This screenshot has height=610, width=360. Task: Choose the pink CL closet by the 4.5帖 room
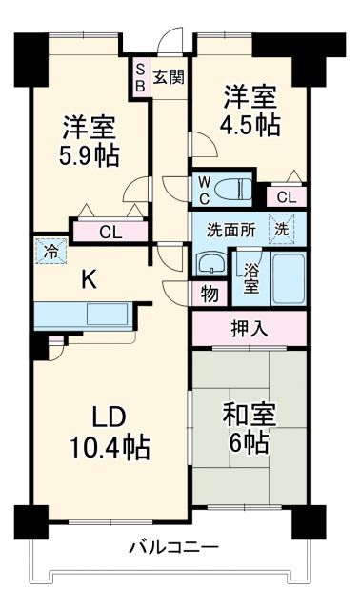287,197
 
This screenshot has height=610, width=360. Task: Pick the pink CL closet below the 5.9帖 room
110,232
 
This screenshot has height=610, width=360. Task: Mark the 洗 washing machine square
284,230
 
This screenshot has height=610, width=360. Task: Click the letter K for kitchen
87,279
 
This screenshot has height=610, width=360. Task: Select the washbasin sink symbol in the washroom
209,264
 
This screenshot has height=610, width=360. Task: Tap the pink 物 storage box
208,294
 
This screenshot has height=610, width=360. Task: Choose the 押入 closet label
250,329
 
